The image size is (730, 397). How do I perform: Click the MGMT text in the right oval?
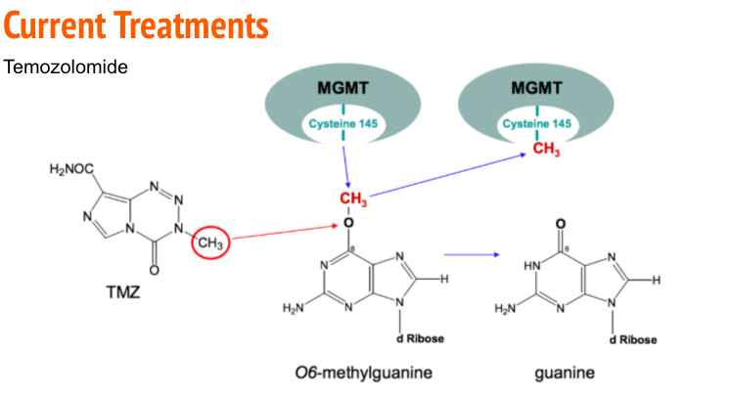(x=537, y=87)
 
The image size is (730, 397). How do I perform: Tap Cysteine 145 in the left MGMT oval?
(x=343, y=124)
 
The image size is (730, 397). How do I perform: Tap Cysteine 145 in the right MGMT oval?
(x=537, y=124)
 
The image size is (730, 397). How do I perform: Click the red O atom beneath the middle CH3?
(x=347, y=224)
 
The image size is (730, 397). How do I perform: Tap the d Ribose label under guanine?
(x=631, y=339)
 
